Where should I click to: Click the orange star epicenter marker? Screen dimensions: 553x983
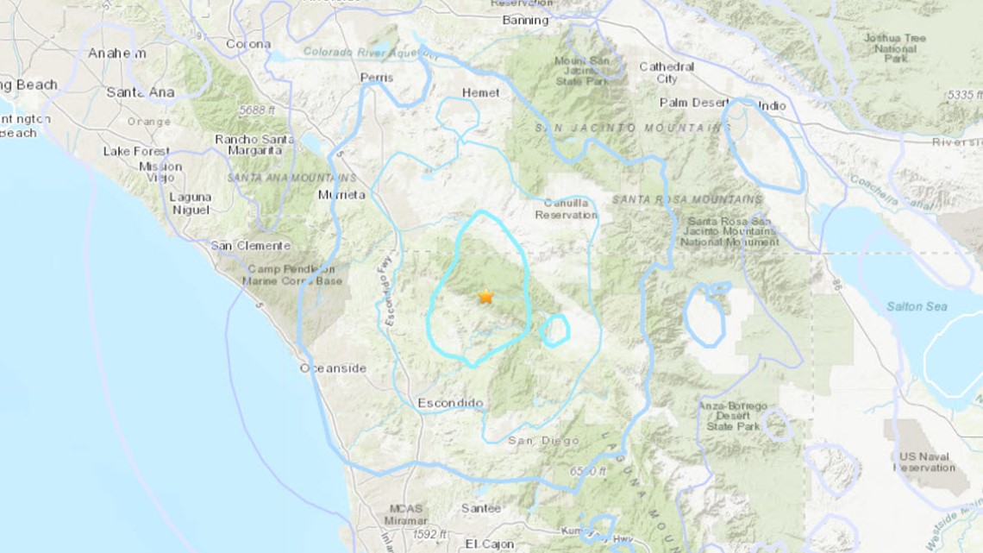(x=485, y=297)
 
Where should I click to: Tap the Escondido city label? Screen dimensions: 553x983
(x=450, y=403)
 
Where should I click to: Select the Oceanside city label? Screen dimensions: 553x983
(x=333, y=368)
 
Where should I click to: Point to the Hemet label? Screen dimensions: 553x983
(x=481, y=92)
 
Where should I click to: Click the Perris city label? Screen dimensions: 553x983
(x=377, y=78)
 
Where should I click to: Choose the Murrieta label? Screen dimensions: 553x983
(x=342, y=195)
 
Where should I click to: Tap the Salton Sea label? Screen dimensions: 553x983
(x=917, y=306)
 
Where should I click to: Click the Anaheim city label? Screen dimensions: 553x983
(x=116, y=53)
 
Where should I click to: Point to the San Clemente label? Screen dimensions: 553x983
(x=251, y=246)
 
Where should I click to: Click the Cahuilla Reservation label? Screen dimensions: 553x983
(x=566, y=210)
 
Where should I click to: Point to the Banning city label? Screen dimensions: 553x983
(x=524, y=20)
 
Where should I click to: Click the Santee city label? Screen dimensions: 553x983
(x=480, y=508)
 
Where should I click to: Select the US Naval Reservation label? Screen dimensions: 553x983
(x=924, y=462)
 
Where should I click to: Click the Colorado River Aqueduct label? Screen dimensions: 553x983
(x=371, y=53)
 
